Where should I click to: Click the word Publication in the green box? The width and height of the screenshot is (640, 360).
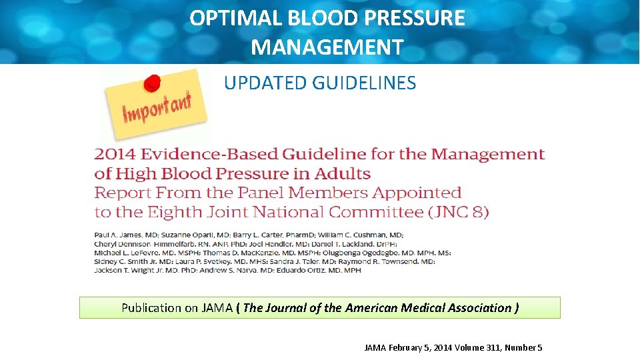click(x=151, y=308)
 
